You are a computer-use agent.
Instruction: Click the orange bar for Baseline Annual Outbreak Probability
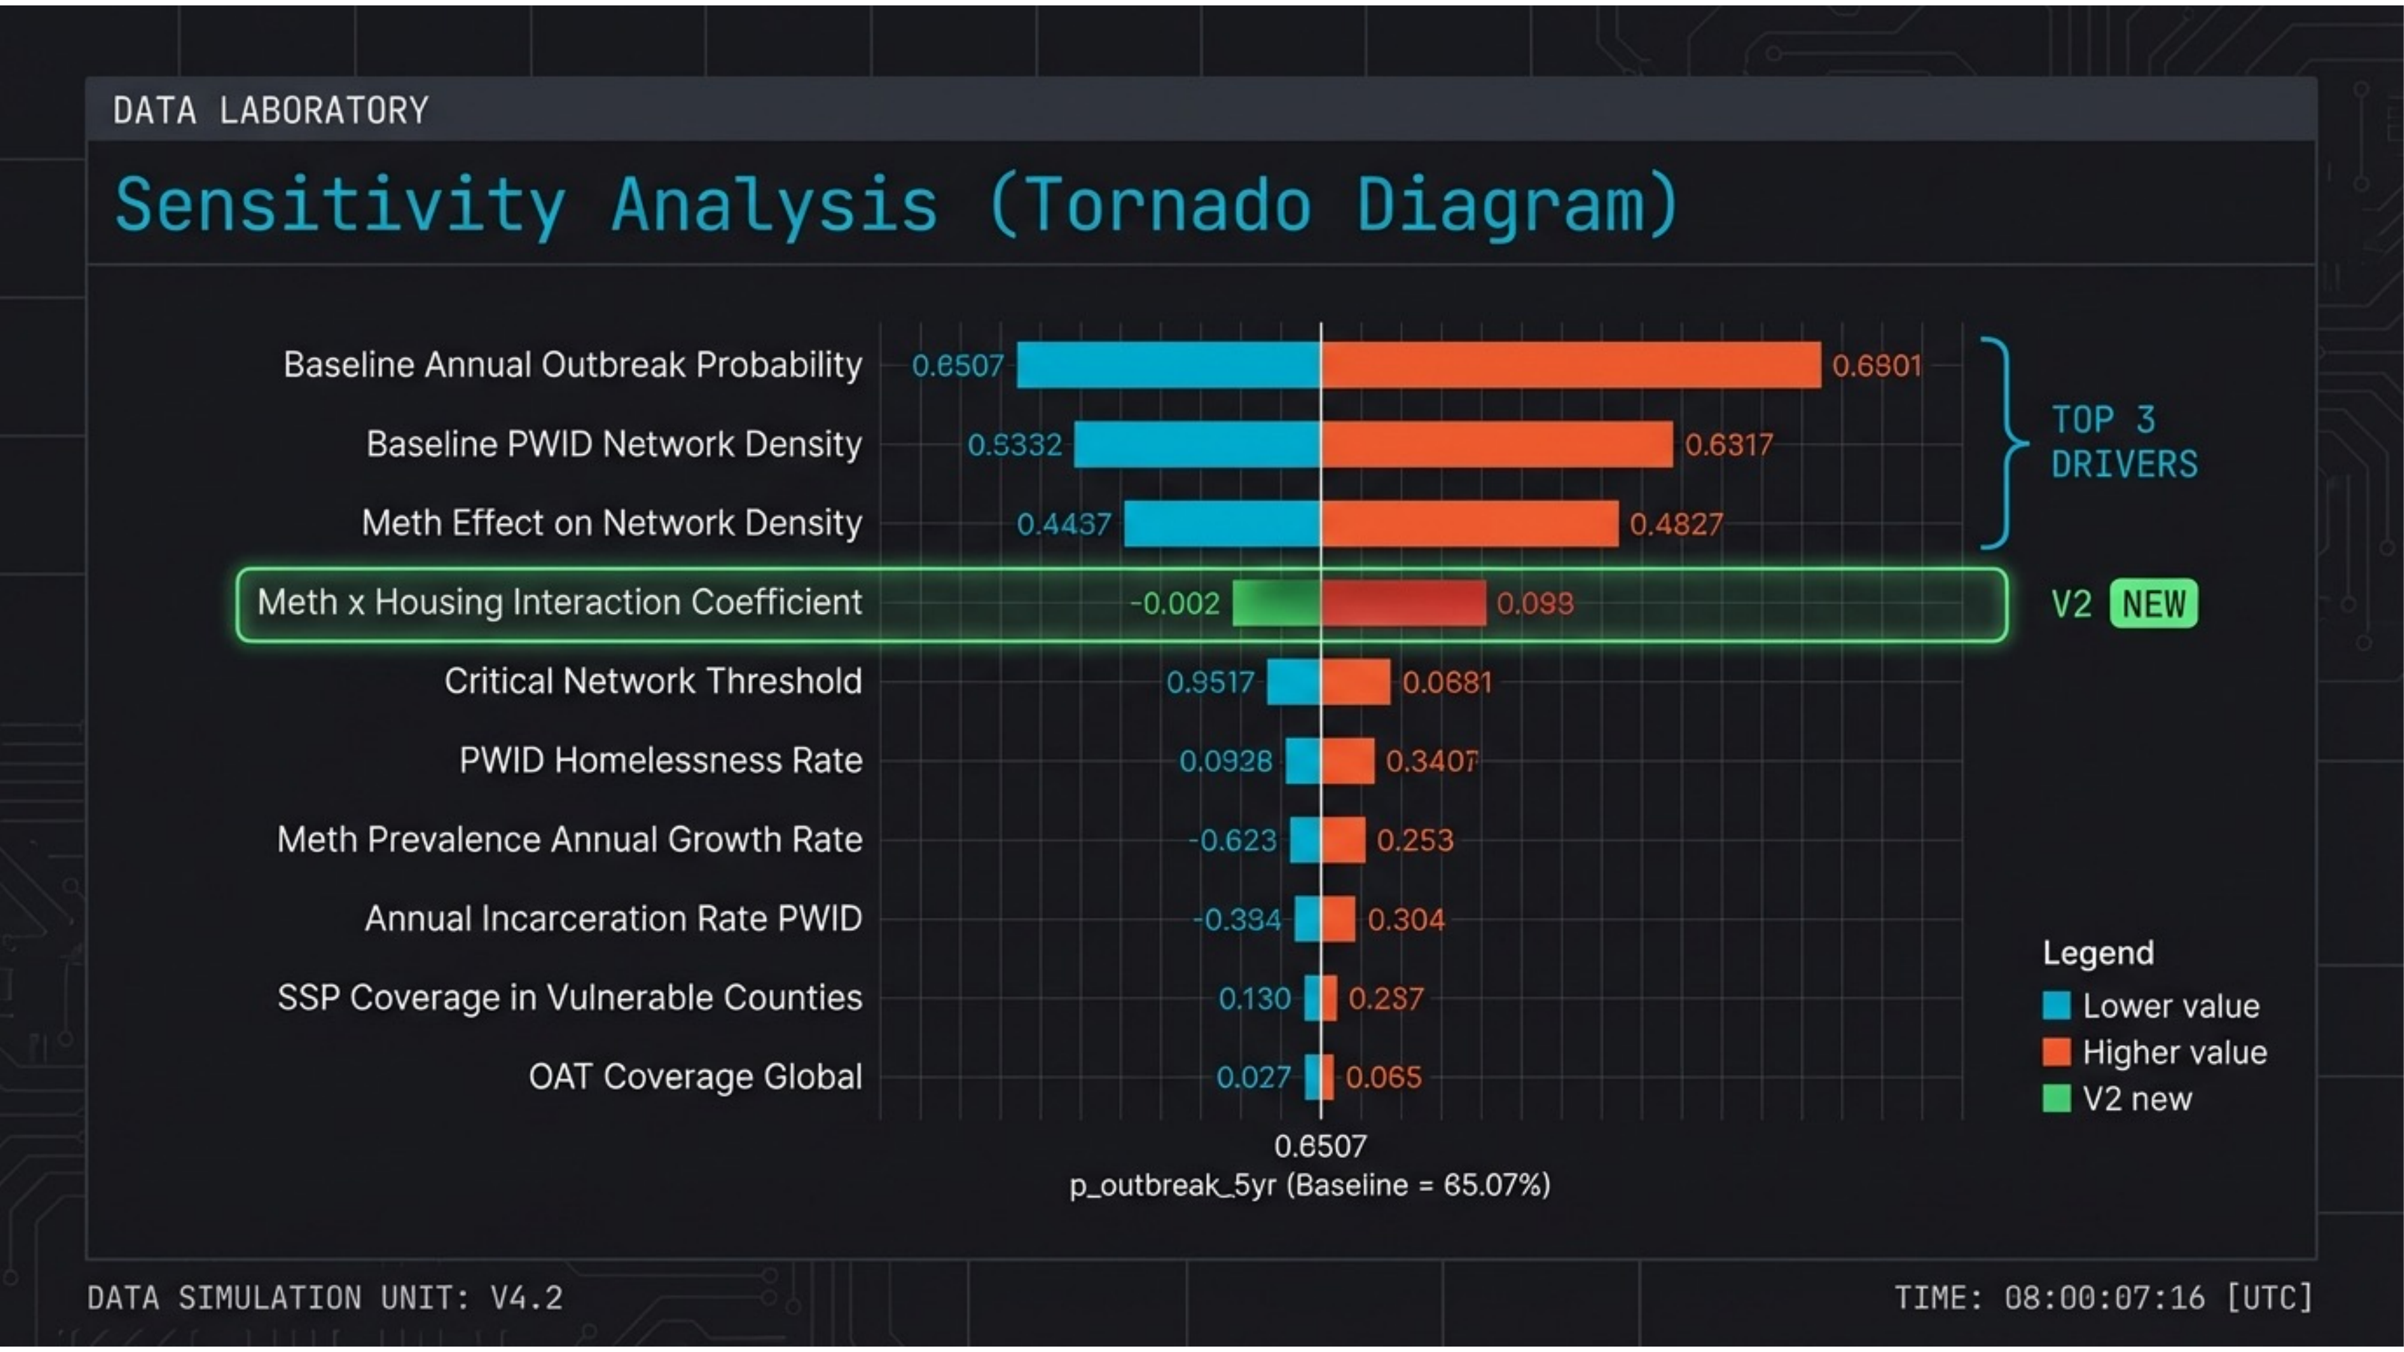[x=1570, y=365]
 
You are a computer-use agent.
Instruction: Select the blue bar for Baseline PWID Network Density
[x=1197, y=444]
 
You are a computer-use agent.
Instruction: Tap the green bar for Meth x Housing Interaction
[x=1276, y=603]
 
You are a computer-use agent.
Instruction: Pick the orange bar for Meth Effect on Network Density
[x=1470, y=523]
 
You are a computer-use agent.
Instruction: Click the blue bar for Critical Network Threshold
[x=1293, y=682]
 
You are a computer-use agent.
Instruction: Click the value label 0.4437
[x=1064, y=525]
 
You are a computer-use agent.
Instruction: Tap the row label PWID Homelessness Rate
[x=660, y=760]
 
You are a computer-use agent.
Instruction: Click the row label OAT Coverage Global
[x=695, y=1077]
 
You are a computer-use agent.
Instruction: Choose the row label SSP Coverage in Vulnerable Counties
[x=569, y=998]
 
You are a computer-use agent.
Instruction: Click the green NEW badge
[x=2153, y=604]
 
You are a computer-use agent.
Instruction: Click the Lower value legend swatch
[x=2056, y=1006]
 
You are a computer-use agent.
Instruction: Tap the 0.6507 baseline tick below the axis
[x=1320, y=1146]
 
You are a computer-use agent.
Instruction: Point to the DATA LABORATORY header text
[x=270, y=111]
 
